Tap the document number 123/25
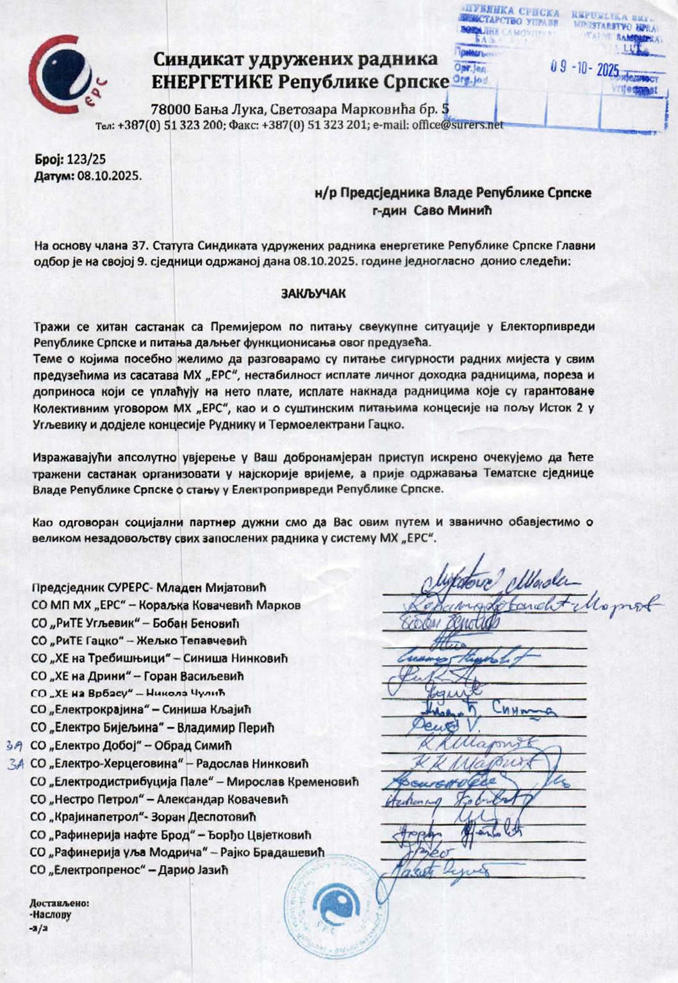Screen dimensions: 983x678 click(x=85, y=159)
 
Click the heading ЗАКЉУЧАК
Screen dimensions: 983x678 click(x=313, y=294)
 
